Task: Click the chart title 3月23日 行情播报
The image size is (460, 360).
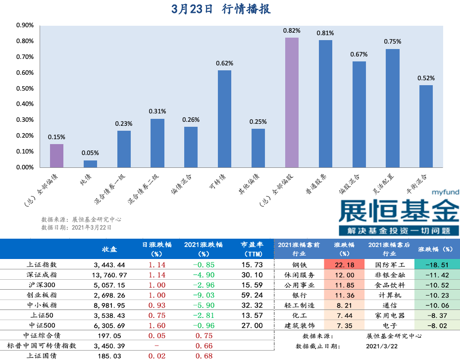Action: pos(221,9)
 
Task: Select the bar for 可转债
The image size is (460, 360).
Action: pos(224,119)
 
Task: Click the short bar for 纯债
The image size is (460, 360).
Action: pos(90,163)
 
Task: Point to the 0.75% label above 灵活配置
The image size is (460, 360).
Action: pos(392,42)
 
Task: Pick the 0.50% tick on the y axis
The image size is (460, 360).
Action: pos(25,89)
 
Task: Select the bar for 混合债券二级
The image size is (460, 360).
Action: pos(157,143)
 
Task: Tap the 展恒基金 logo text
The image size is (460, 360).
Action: pos(398,211)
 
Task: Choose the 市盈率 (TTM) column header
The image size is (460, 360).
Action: pos(252,249)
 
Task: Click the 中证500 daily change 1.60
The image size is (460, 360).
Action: pos(156,326)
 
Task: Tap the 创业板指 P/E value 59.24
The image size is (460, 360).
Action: pos(252,295)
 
